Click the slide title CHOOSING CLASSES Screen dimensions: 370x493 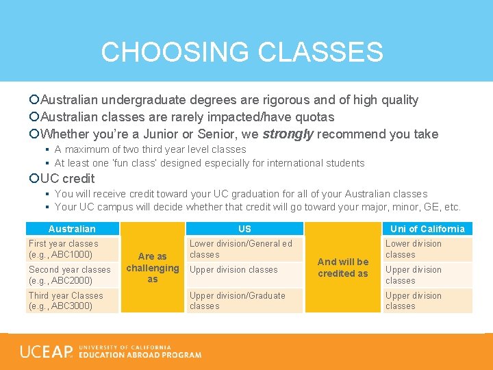click(x=242, y=52)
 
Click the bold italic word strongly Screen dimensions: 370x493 click(x=288, y=134)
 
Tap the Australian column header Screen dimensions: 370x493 click(x=72, y=229)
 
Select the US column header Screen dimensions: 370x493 click(x=244, y=229)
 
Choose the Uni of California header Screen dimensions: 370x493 click(x=427, y=229)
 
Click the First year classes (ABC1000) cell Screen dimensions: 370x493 click(x=71, y=249)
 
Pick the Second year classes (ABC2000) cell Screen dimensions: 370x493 click(x=71, y=275)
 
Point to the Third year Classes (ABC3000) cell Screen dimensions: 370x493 click(x=71, y=301)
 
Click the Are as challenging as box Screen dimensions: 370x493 click(x=153, y=268)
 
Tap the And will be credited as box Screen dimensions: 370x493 click(x=342, y=267)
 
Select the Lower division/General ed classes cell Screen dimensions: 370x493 click(x=244, y=249)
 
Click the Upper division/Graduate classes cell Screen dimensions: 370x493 click(x=244, y=301)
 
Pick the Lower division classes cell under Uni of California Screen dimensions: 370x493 click(x=427, y=249)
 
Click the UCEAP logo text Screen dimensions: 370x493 click(x=47, y=352)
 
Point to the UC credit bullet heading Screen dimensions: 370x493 click(x=67, y=178)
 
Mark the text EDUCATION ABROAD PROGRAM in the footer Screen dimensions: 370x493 click(x=140, y=355)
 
